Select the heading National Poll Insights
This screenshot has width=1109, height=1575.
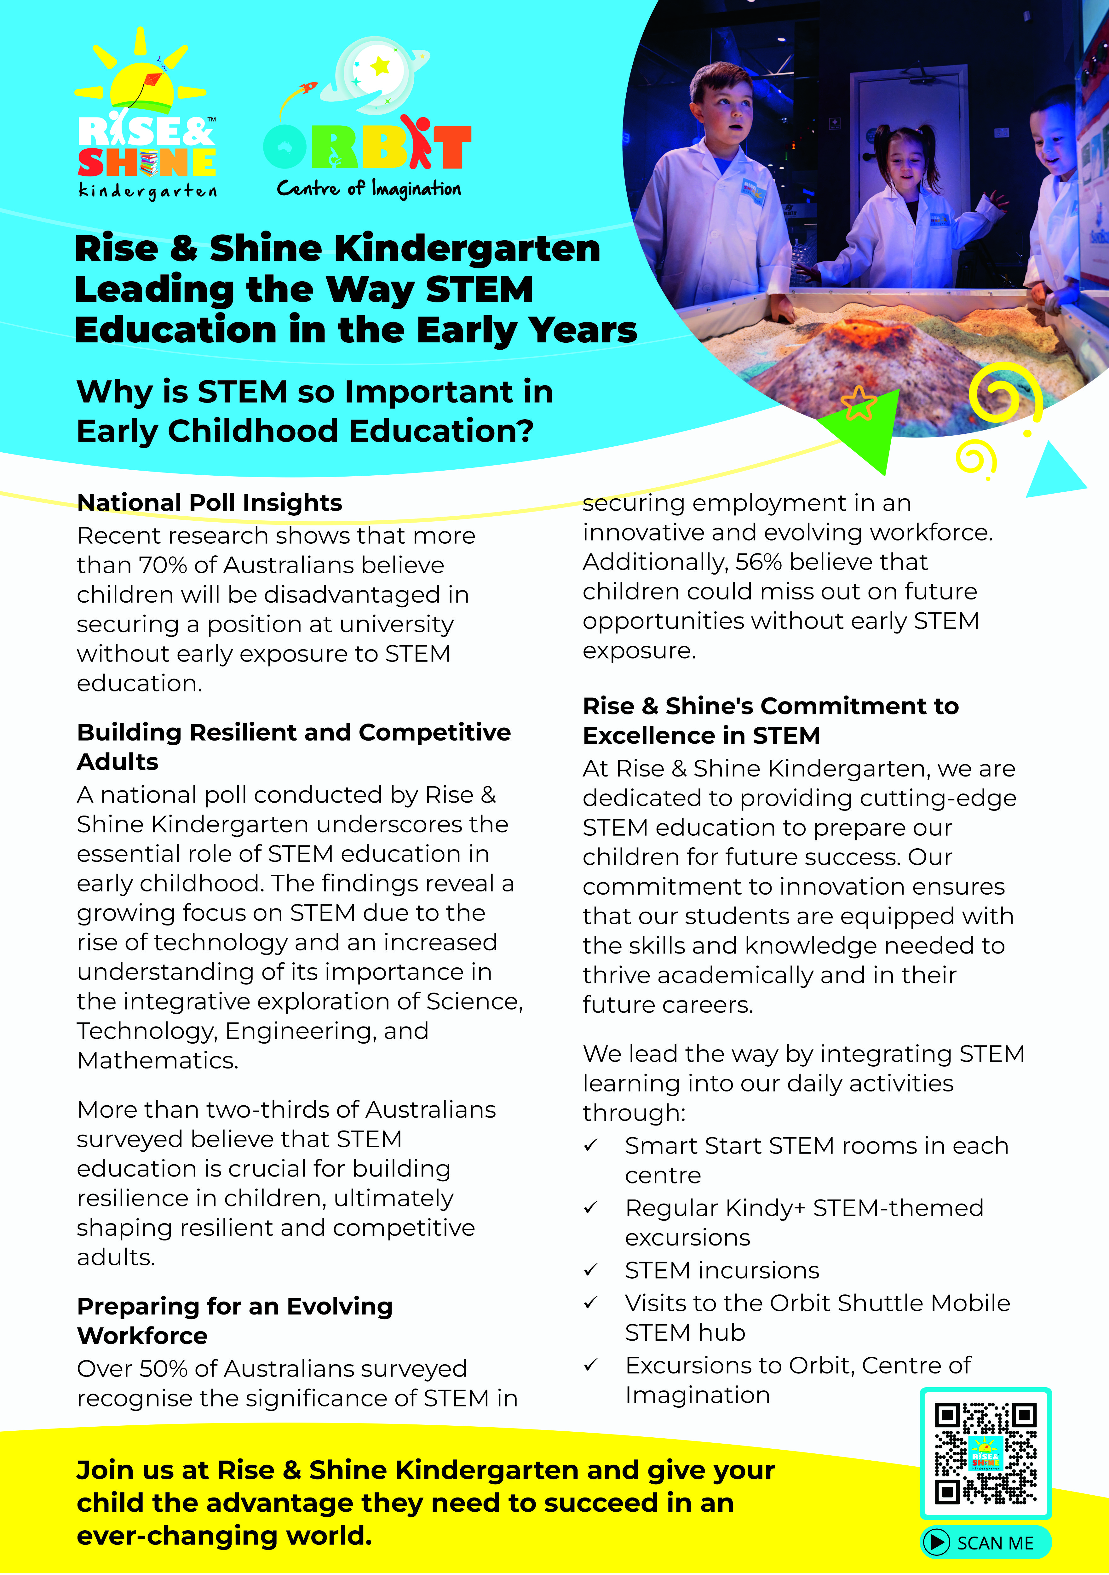click(209, 503)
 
